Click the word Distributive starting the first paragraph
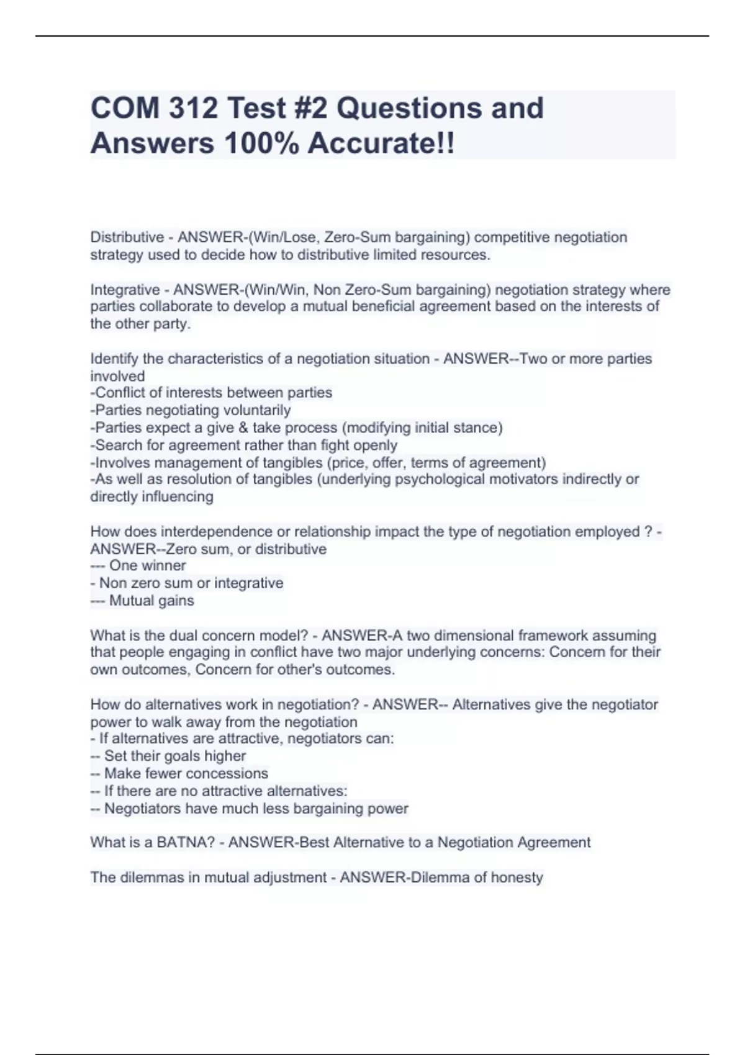(127, 237)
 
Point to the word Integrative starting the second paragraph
(125, 290)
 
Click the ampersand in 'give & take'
(242, 428)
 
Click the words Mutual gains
(151, 600)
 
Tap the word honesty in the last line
(517, 878)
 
